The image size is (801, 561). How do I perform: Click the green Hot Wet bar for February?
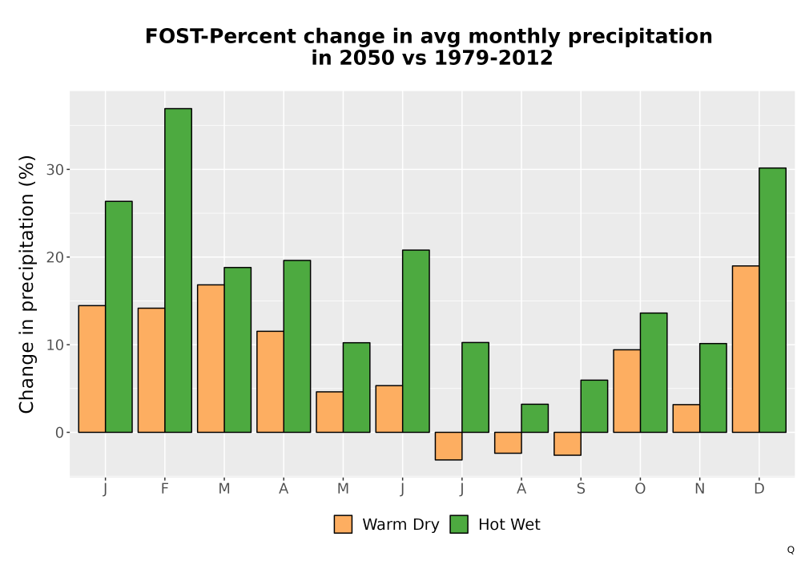click(179, 270)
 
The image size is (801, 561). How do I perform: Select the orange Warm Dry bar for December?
click(746, 349)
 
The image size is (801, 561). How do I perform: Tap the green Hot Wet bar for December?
click(772, 300)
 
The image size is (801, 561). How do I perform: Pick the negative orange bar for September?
click(568, 443)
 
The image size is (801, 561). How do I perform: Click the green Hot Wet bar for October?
click(654, 373)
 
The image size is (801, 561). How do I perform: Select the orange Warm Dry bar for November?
click(686, 418)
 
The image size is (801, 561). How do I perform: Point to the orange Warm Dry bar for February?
click(151, 370)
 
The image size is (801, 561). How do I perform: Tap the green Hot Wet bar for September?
click(594, 406)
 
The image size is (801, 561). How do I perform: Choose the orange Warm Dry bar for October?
click(627, 391)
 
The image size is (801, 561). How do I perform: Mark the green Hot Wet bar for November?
click(713, 388)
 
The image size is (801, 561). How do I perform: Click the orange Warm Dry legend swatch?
click(343, 524)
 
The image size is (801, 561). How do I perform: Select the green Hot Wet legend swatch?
click(459, 524)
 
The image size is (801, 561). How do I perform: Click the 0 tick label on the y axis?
click(59, 433)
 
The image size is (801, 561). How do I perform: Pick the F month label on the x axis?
click(164, 489)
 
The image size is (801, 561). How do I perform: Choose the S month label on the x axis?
click(581, 489)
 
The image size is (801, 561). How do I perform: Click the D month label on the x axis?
click(759, 489)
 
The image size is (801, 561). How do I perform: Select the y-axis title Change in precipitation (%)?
click(26, 284)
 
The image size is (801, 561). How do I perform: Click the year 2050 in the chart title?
click(367, 58)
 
